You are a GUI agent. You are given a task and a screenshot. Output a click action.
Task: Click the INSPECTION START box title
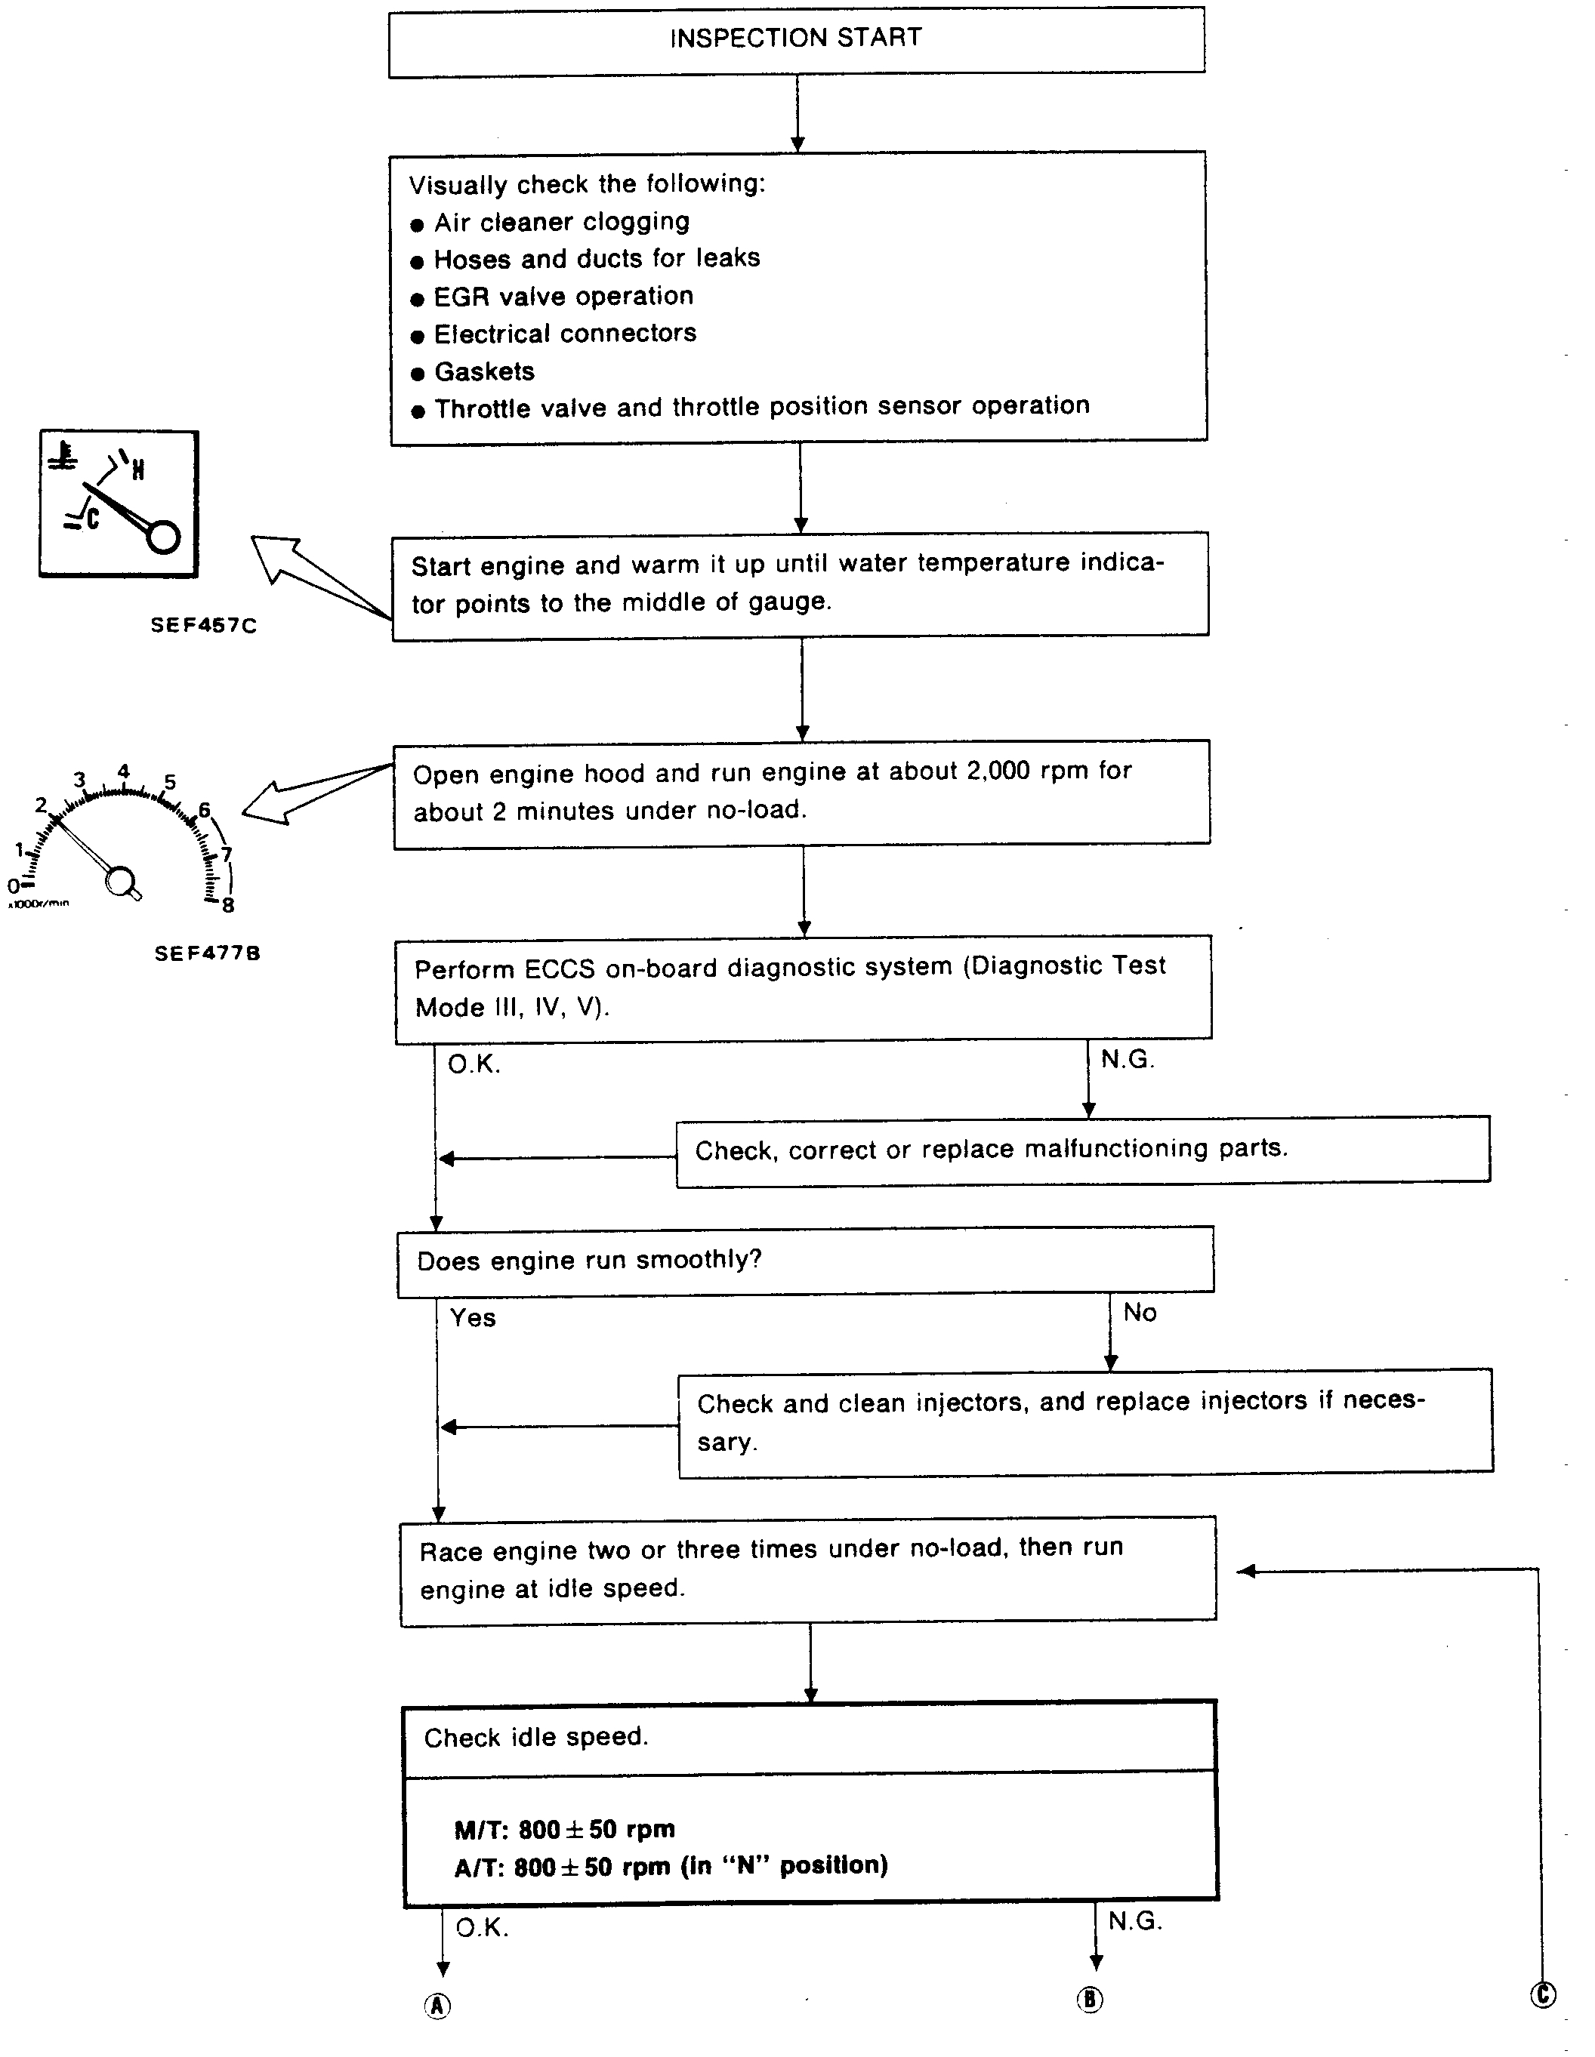(796, 38)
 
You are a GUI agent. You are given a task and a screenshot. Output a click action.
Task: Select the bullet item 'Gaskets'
(484, 372)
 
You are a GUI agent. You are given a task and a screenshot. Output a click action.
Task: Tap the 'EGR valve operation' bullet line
(563, 297)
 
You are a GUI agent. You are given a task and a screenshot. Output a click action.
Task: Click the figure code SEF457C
(203, 625)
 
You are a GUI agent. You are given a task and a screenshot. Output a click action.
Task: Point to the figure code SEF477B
(207, 953)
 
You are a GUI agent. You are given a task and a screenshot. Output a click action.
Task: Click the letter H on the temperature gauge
(137, 469)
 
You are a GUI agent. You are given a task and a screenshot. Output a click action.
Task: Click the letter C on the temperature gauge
(92, 517)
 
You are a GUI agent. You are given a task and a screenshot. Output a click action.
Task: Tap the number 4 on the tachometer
(123, 771)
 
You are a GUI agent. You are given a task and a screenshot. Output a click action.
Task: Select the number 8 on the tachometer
(228, 905)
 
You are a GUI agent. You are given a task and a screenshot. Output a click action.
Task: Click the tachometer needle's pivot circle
(119, 882)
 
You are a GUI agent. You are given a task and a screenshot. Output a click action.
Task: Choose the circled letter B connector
(1090, 2000)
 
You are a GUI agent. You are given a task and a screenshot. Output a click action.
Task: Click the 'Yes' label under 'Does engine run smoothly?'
(472, 1318)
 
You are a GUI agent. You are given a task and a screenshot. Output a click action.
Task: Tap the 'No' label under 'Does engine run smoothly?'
(1139, 1313)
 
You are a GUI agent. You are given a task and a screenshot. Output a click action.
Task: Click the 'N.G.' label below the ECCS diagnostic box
(1127, 1060)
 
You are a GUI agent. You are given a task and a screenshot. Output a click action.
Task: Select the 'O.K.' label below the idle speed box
(481, 1928)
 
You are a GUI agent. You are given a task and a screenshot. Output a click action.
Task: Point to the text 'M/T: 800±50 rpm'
(564, 1829)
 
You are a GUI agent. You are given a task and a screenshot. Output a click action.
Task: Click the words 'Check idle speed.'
(535, 1738)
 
